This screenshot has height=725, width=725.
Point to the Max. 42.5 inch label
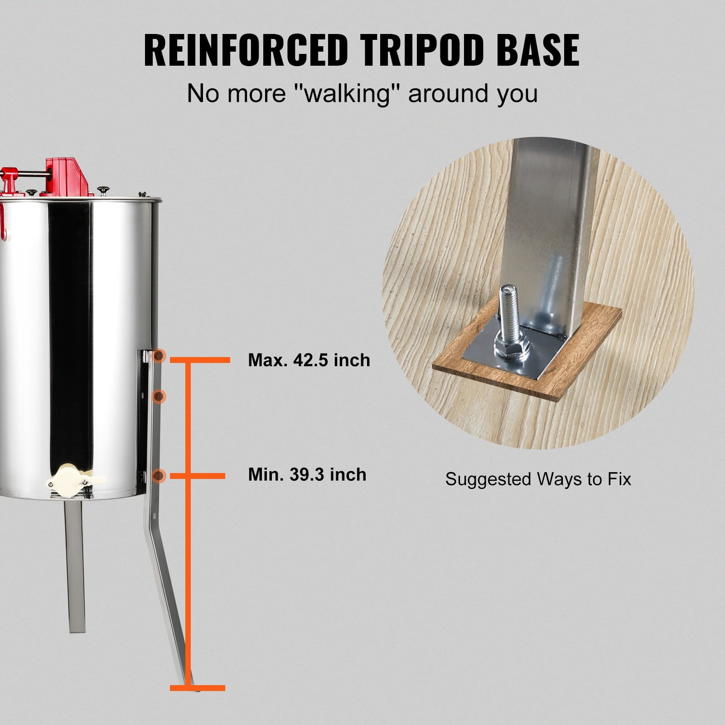[309, 360]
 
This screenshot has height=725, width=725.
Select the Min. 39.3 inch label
[307, 474]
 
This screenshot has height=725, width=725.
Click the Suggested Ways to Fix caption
[538, 479]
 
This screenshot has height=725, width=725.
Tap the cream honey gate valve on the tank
[75, 476]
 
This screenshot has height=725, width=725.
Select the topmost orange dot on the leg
[159, 357]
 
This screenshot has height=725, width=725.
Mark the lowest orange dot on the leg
[159, 475]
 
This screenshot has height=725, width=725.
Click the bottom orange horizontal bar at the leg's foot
[198, 701]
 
